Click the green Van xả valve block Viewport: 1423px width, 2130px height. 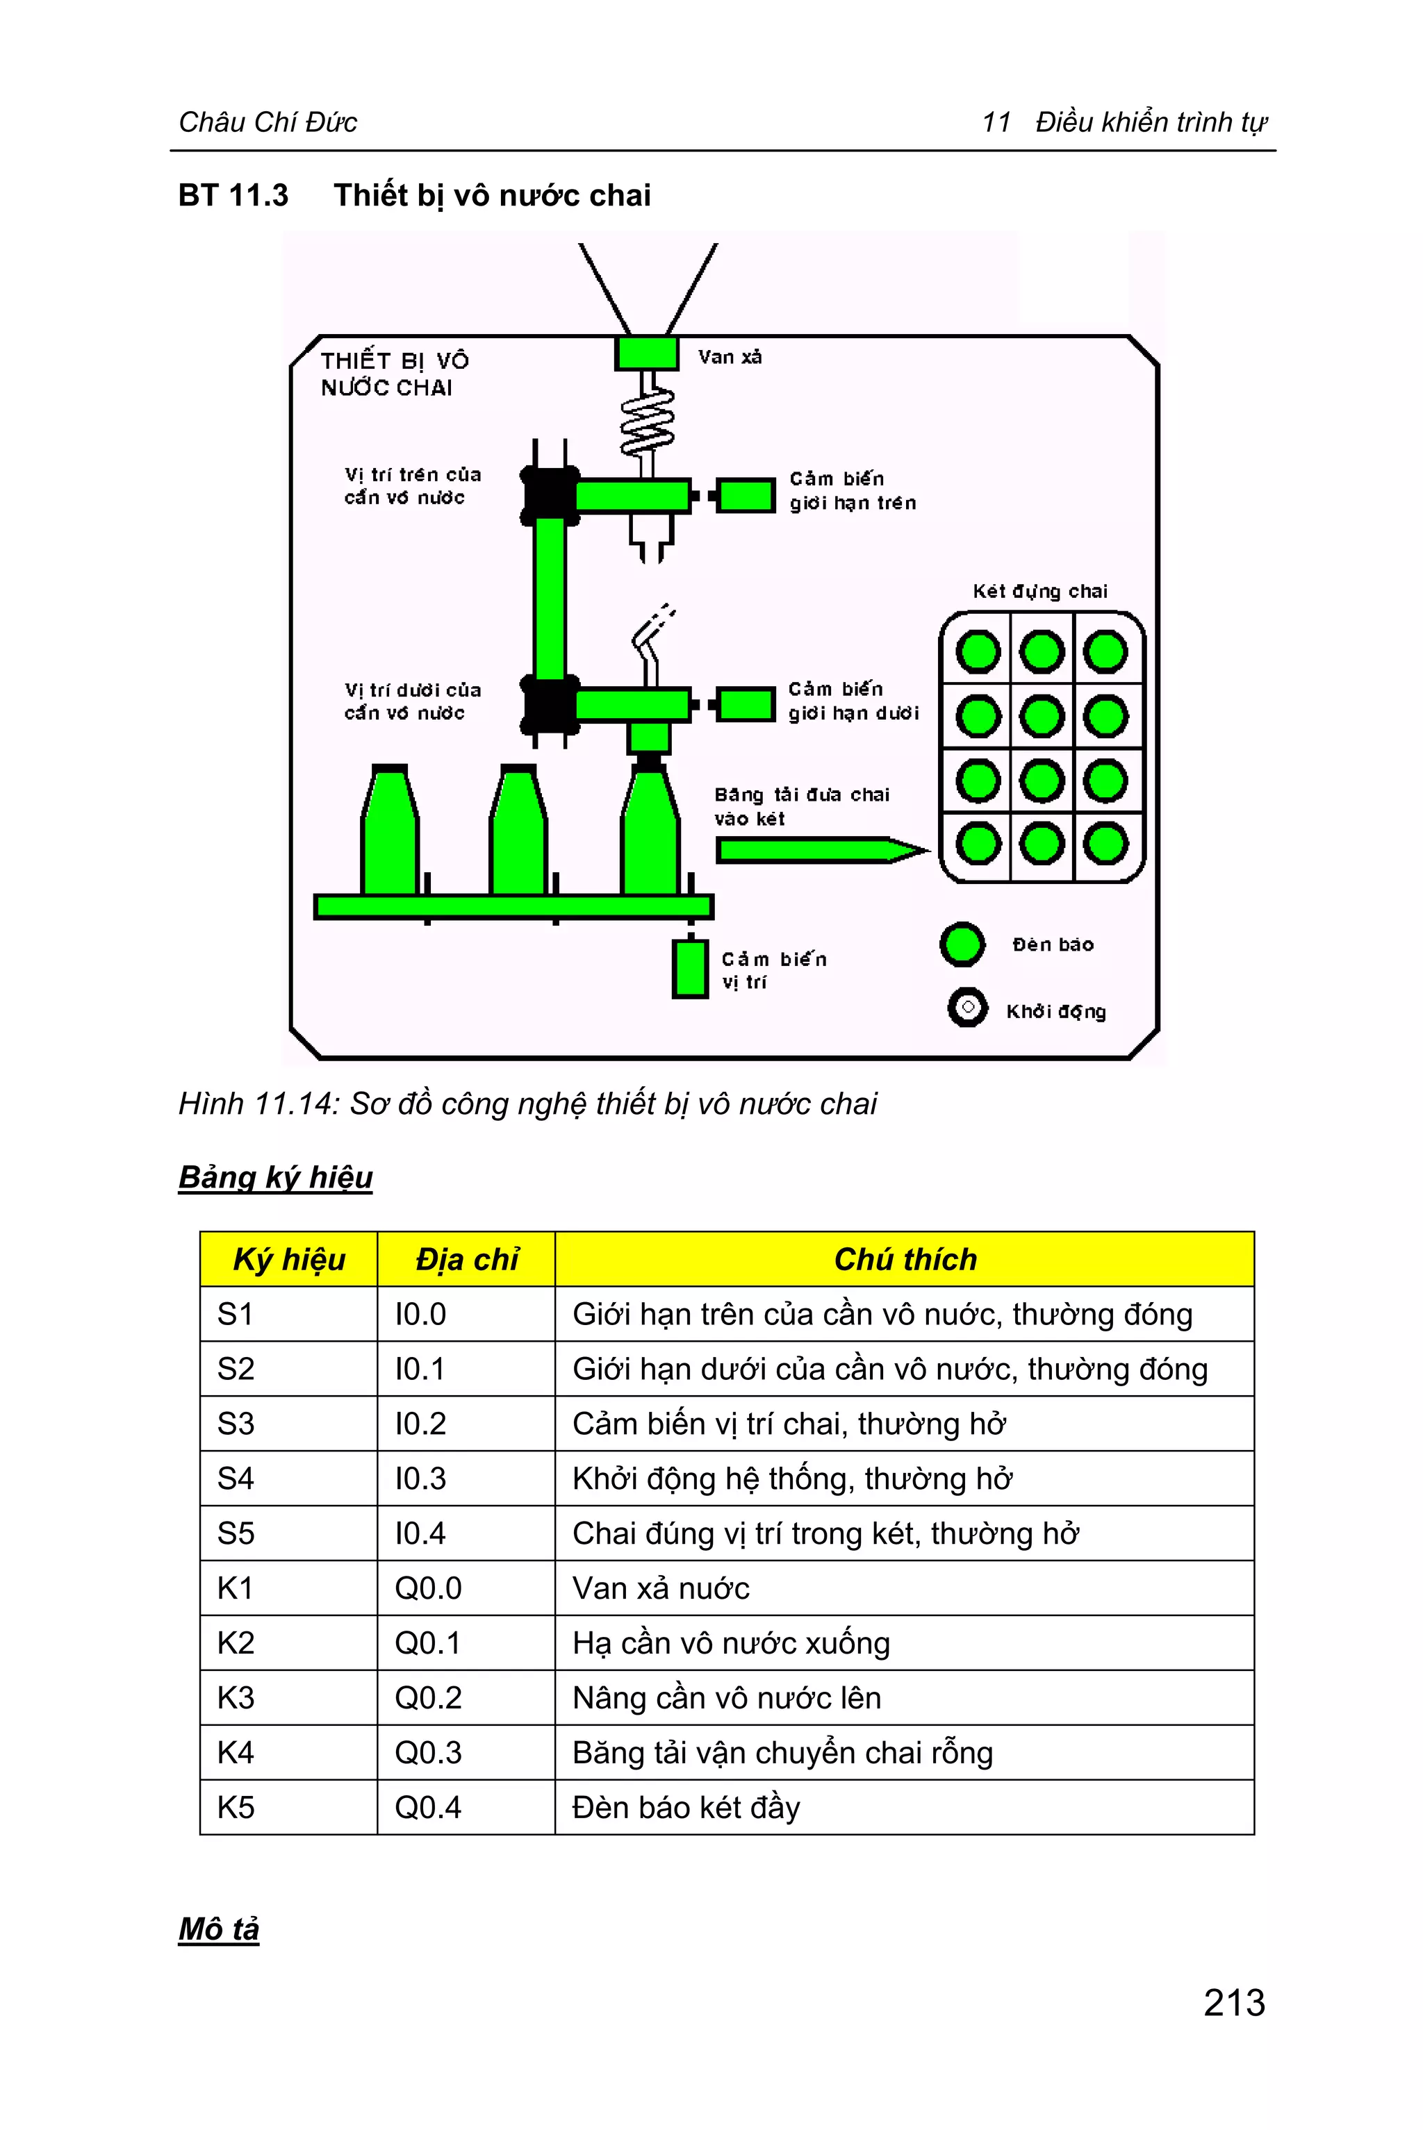646,353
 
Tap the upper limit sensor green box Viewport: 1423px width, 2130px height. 745,497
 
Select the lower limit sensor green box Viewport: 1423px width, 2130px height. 745,704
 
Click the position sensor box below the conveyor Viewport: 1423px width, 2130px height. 690,969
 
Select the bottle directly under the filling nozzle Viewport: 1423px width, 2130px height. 650,833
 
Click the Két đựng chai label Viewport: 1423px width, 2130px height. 1040,592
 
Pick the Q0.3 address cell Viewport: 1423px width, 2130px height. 428,1752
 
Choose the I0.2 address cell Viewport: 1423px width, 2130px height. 420,1423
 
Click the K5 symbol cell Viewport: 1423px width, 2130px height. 236,1807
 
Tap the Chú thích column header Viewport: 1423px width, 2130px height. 905,1259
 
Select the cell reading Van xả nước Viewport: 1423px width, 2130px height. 661,1588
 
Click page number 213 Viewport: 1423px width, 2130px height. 1233,2002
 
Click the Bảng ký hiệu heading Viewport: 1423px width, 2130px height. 275,1176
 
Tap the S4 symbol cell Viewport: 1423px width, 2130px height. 236,1478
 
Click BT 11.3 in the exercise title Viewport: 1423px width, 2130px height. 233,195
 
